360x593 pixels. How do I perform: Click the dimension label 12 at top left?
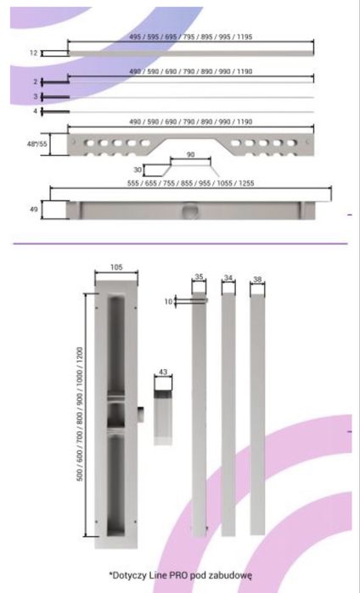point(34,53)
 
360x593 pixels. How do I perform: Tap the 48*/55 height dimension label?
point(37,143)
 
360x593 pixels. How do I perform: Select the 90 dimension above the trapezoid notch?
point(191,154)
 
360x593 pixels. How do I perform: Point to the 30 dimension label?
point(138,170)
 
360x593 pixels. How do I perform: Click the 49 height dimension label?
point(34,210)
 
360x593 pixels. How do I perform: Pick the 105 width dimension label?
point(116,267)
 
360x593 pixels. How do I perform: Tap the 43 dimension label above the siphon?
point(163,372)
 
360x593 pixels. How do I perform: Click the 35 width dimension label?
point(199,277)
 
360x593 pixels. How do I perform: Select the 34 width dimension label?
point(228,278)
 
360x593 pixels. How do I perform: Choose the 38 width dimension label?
point(257,279)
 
